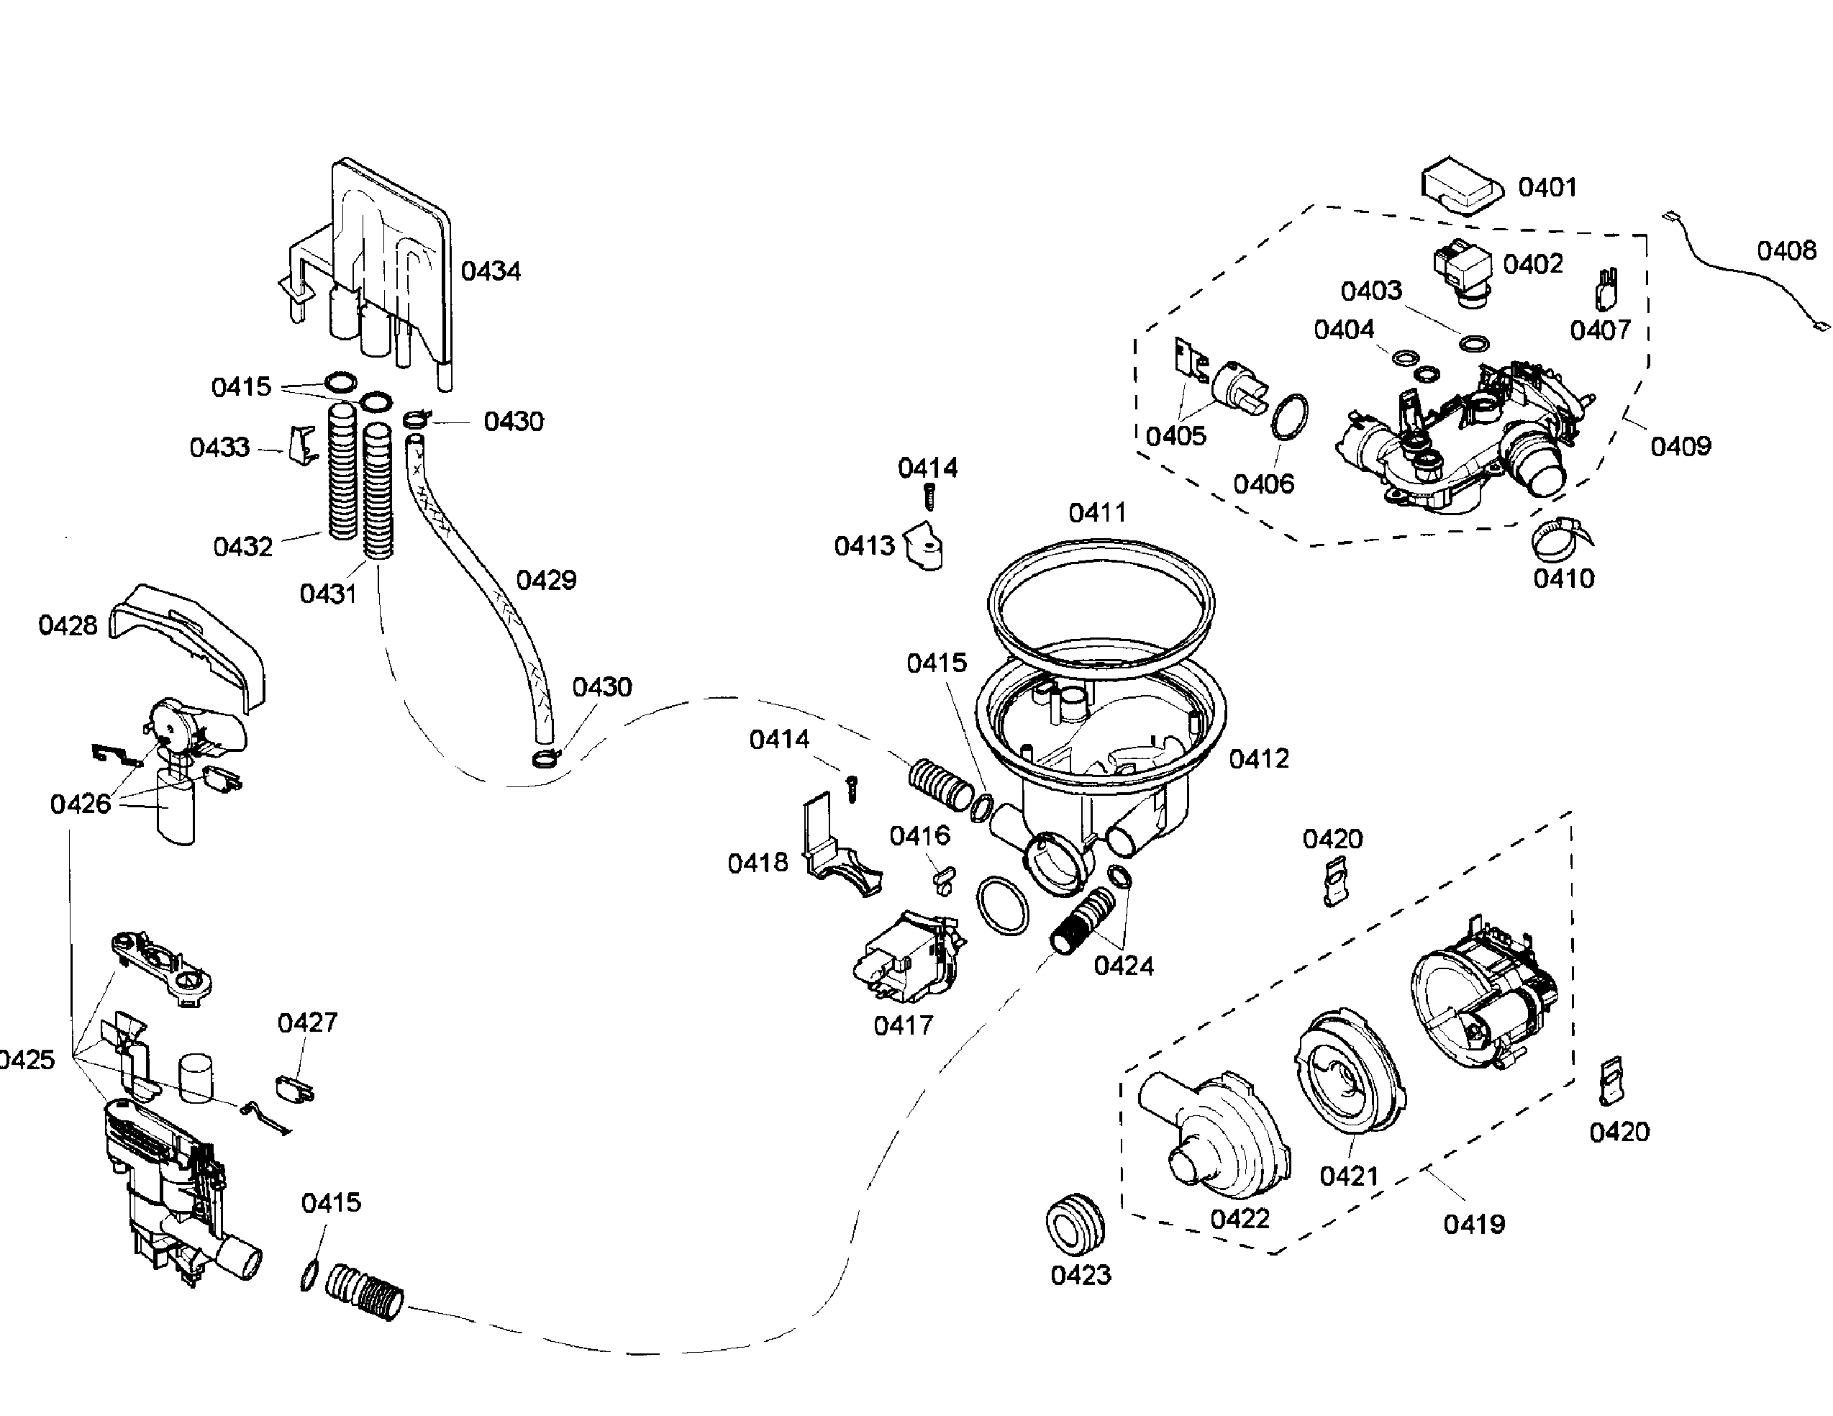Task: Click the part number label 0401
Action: pyautogui.click(x=1547, y=186)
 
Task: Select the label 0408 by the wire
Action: pyautogui.click(x=1786, y=250)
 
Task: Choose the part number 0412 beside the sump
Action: pyautogui.click(x=1258, y=759)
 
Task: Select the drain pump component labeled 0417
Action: pyautogui.click(x=909, y=958)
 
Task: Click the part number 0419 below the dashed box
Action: pyautogui.click(x=1474, y=1225)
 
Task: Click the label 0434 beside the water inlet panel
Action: pyautogui.click(x=491, y=271)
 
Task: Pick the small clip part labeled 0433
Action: pyautogui.click(x=303, y=444)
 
